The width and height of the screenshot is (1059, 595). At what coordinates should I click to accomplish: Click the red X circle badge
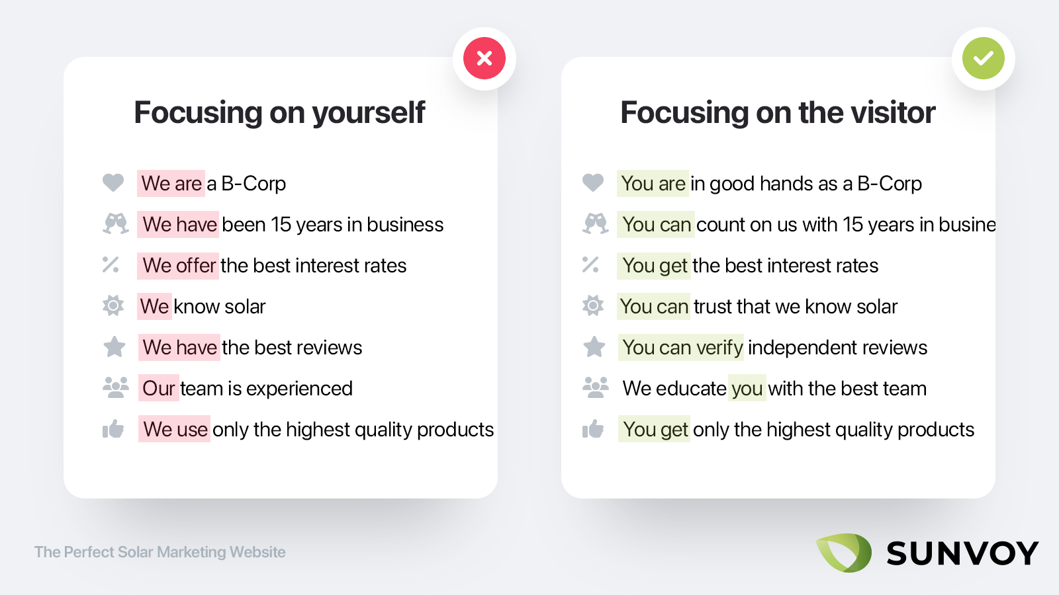(484, 58)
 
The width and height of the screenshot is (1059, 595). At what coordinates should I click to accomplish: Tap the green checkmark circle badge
(984, 58)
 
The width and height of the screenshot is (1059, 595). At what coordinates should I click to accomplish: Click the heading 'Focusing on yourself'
(279, 113)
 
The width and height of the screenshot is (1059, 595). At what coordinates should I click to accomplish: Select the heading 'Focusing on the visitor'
(778, 113)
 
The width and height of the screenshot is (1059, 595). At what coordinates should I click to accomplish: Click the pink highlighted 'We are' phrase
(171, 183)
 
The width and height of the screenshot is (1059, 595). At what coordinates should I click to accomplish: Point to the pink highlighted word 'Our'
(158, 388)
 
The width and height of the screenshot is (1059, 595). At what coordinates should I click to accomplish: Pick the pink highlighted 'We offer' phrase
(178, 265)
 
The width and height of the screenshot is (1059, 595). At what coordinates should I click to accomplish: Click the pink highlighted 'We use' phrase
(175, 429)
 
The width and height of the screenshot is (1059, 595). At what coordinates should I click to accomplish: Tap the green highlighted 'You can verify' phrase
(681, 348)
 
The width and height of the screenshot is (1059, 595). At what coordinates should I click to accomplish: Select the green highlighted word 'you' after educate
(747, 388)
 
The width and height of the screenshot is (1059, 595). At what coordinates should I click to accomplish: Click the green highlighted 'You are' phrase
(653, 183)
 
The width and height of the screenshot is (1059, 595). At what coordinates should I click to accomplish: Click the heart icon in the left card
(113, 182)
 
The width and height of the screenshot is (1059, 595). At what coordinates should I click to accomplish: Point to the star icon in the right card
(594, 346)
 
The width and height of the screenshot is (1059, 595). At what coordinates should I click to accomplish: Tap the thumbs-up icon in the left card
(113, 429)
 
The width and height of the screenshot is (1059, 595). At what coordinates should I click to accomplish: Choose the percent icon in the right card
(590, 264)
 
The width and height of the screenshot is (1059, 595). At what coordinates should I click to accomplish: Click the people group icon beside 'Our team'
(115, 387)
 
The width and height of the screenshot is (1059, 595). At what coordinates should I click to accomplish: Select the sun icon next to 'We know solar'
(113, 305)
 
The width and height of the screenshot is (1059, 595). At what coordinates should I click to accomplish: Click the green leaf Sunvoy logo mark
(844, 553)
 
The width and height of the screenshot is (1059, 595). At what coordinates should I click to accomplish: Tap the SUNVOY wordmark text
(962, 553)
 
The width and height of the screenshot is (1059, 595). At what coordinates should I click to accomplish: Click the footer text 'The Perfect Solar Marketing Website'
(160, 552)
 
